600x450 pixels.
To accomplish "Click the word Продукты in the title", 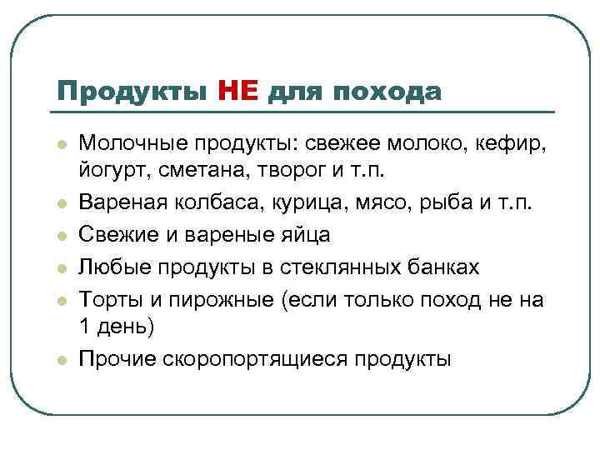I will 130,91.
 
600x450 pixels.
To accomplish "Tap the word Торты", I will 105,297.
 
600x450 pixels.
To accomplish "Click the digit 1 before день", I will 84,327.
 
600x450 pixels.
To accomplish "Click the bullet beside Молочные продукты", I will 61,142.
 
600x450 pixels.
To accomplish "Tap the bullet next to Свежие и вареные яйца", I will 61,236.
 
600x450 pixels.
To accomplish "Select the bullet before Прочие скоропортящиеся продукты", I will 61,359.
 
